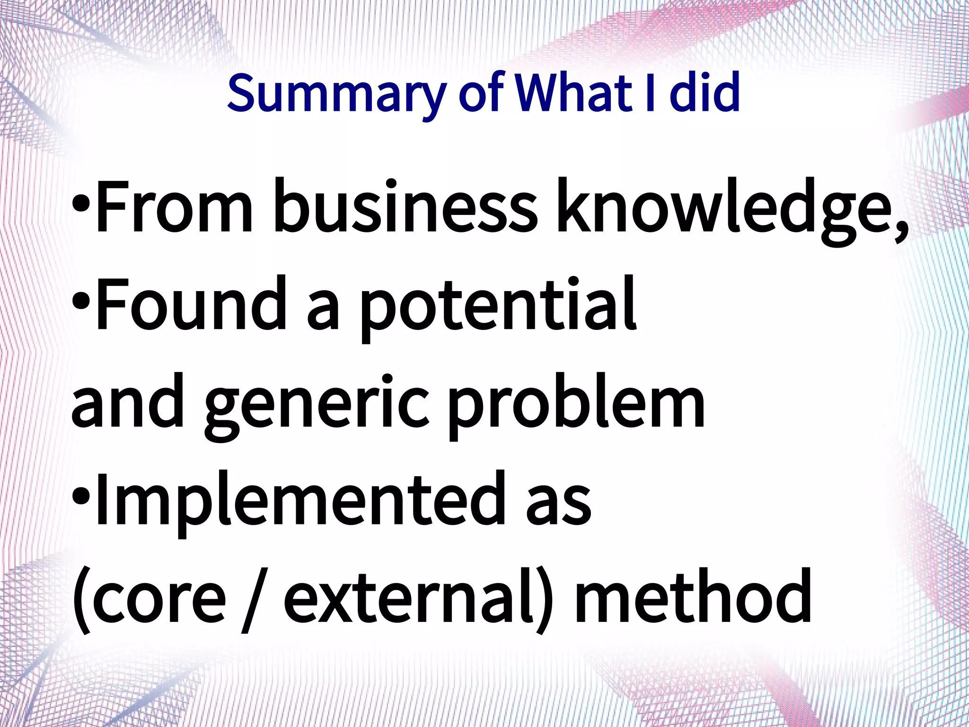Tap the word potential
coord(497,308)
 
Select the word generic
coord(317,407)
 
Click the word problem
coord(576,407)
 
